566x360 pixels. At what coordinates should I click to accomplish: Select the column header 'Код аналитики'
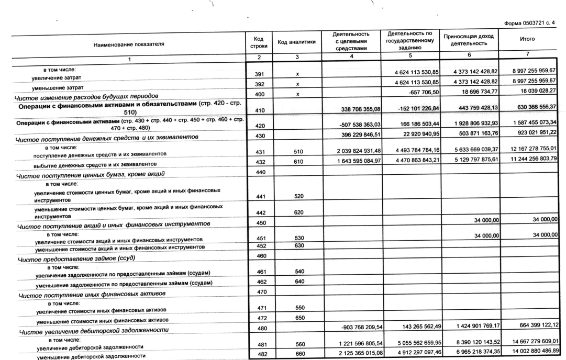tap(296, 43)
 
